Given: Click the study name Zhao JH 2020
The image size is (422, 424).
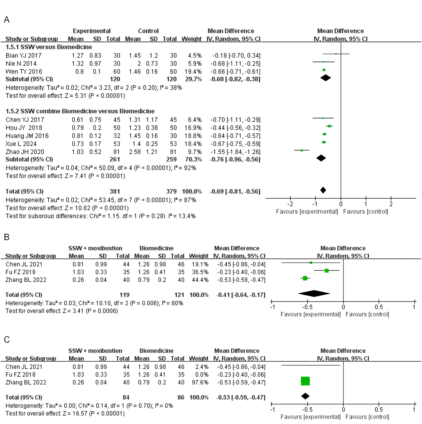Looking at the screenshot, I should (x=25, y=152).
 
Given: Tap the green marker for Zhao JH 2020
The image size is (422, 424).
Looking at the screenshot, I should (x=302, y=150).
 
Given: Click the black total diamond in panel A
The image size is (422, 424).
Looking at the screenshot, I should (x=323, y=190).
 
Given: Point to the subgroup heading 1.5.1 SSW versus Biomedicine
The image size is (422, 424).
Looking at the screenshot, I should (x=49, y=47).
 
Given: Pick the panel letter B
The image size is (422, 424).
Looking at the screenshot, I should (x=7, y=237).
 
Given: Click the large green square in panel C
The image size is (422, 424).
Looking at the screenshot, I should (x=305, y=381).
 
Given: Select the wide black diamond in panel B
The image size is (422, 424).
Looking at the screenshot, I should (x=314, y=293).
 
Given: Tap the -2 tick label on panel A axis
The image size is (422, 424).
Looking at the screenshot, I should (x=290, y=204).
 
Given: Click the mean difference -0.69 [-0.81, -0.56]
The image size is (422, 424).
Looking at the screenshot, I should (x=235, y=192).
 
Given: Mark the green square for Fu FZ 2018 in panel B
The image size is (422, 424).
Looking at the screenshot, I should (x=327, y=271).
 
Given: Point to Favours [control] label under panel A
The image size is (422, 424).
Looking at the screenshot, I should (x=365, y=212).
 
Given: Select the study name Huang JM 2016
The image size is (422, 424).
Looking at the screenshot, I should (x=27, y=136).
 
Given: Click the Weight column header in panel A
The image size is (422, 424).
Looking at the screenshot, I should (x=191, y=39).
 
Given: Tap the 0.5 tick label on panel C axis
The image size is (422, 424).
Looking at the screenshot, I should (x=378, y=409).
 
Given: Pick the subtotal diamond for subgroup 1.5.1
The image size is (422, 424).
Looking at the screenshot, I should (x=325, y=78).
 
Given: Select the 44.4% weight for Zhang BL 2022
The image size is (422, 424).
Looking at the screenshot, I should (x=200, y=280).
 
